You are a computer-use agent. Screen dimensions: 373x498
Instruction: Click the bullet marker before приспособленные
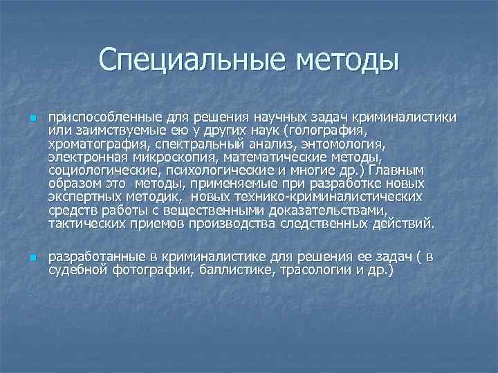tap(33, 118)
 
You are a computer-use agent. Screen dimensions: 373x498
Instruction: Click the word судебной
tap(79, 271)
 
